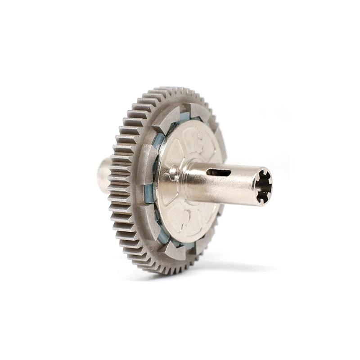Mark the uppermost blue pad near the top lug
(x=184, y=117)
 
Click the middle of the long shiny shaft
(x=225, y=182)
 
